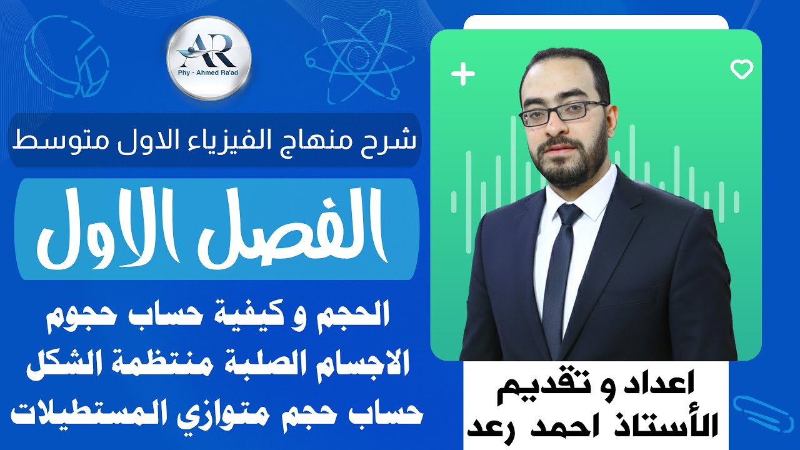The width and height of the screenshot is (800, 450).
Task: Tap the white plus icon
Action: [x=463, y=74]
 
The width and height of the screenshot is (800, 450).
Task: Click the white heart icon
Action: [x=742, y=69]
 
